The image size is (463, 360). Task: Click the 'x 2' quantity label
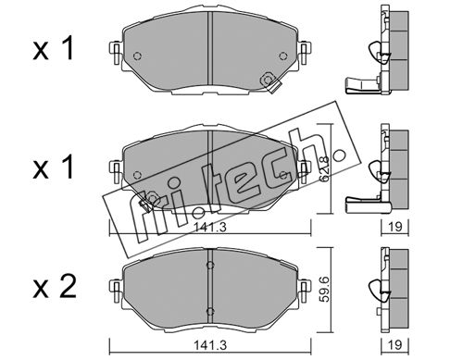pos(55,287)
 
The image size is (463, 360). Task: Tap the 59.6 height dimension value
pos(325,289)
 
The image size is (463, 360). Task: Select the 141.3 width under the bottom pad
pos(210,345)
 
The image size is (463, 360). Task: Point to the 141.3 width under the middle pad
pos(210,228)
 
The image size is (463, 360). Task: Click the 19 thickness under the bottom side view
pos(394,345)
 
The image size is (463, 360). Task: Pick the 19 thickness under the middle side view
pos(394,227)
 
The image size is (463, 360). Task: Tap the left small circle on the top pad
pos(137,56)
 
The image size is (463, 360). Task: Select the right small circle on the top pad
pos(282,56)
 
